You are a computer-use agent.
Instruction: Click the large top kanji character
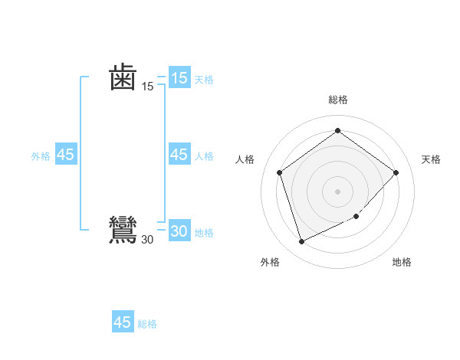pyautogui.click(x=123, y=77)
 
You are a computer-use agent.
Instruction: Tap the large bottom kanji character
pyautogui.click(x=123, y=231)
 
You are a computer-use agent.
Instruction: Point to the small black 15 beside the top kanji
pyautogui.click(x=147, y=87)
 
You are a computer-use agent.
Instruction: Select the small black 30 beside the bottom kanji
pyautogui.click(x=147, y=240)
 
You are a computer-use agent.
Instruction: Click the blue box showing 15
pyautogui.click(x=179, y=78)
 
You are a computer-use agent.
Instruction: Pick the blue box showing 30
pyautogui.click(x=179, y=231)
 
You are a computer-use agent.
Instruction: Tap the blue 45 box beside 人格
pyautogui.click(x=179, y=155)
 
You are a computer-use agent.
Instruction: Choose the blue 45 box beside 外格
pyautogui.click(x=66, y=155)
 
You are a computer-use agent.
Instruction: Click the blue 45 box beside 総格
pyautogui.click(x=123, y=322)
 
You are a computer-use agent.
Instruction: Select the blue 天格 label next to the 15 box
pyautogui.click(x=204, y=79)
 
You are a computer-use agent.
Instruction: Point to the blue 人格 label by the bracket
pyautogui.click(x=204, y=156)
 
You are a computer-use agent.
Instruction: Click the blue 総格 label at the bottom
pyautogui.click(x=147, y=324)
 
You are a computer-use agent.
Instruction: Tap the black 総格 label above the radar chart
pyautogui.click(x=337, y=100)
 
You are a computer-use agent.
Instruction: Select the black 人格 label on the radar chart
pyautogui.click(x=245, y=159)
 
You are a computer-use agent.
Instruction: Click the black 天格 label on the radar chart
pyautogui.click(x=431, y=159)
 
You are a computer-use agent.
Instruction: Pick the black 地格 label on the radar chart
pyautogui.click(x=402, y=262)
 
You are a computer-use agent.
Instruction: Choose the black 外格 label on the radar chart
pyautogui.click(x=270, y=262)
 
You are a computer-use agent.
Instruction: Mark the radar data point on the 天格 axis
pyautogui.click(x=396, y=172)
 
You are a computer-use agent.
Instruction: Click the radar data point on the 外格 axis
pyautogui.click(x=301, y=242)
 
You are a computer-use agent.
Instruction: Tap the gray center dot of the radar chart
pyautogui.click(x=337, y=191)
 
